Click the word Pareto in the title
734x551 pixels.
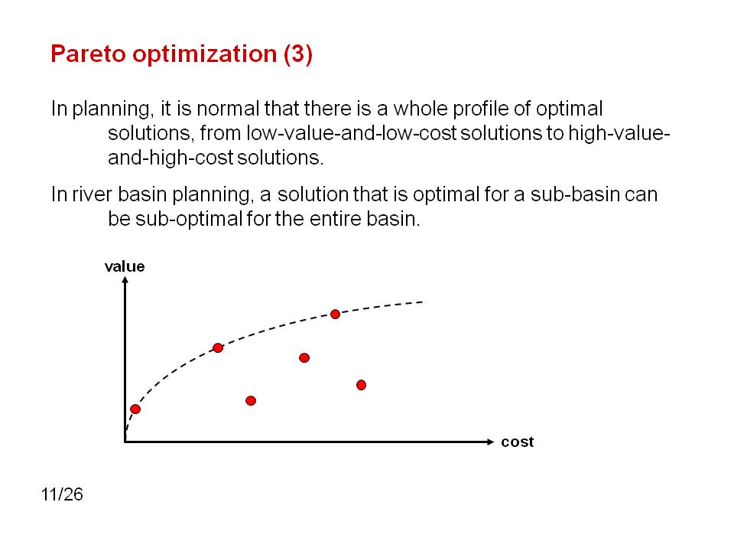[x=89, y=54]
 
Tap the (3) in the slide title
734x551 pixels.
[x=297, y=54]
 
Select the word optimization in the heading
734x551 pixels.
[x=205, y=54]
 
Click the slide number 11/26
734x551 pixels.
[x=62, y=494]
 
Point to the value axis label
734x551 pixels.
[x=125, y=266]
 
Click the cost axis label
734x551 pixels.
[x=518, y=442]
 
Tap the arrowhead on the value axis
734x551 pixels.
[x=125, y=280]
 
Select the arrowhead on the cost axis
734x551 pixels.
[x=490, y=442]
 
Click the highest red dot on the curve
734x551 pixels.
[x=335, y=315]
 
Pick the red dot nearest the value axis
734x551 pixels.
[x=135, y=409]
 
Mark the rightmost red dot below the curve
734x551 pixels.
[x=361, y=385]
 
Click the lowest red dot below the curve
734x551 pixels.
[x=251, y=400]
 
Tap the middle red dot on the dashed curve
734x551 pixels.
[x=218, y=347]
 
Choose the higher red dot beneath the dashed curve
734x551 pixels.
[x=304, y=358]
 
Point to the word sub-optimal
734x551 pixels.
[x=189, y=220]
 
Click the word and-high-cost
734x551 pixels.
[x=171, y=158]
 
